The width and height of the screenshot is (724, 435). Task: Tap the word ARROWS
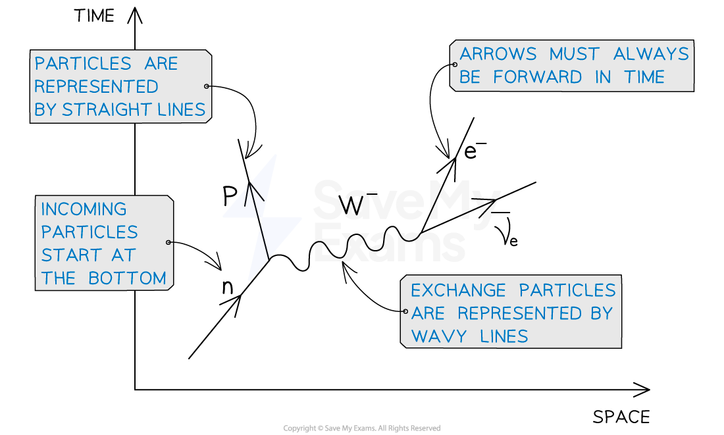[x=498, y=54]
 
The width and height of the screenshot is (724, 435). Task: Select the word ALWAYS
[x=651, y=54]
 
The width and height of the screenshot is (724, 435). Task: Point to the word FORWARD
[x=537, y=77]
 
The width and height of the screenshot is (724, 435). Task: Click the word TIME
[x=644, y=77]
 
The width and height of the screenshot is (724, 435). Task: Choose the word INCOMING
[x=84, y=209]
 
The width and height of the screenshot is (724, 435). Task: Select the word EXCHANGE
[x=458, y=290]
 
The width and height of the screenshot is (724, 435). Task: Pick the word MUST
[x=575, y=54]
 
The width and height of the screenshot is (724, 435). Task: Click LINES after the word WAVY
[x=504, y=337]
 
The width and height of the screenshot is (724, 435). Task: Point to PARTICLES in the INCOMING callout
[x=90, y=232]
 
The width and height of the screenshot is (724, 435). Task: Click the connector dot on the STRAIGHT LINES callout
[x=207, y=86]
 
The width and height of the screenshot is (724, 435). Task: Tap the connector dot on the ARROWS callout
[x=454, y=64]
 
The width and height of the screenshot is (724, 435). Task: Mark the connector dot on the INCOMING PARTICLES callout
[x=169, y=242]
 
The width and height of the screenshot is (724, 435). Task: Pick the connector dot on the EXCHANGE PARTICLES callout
[x=405, y=312]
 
